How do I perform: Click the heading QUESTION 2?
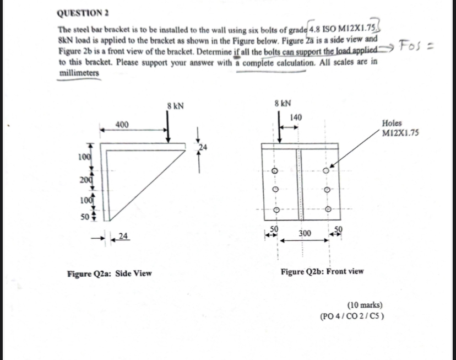82,13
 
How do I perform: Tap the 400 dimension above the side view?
123,125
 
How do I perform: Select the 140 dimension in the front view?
296,117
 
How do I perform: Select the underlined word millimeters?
79,73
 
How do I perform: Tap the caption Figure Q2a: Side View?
109,273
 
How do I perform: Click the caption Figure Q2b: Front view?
322,271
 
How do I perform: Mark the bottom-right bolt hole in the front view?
329,209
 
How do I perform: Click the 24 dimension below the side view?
124,237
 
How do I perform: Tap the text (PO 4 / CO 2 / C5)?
352,316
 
